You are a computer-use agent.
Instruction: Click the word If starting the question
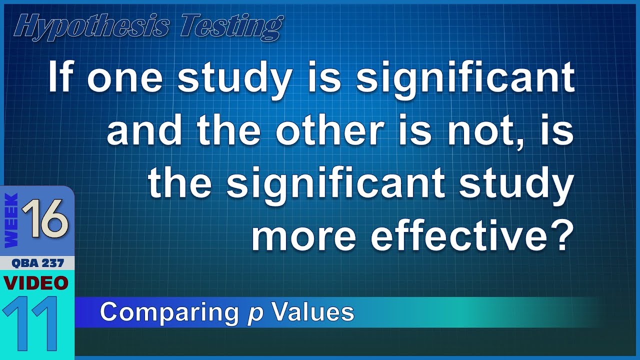pyautogui.click(x=62, y=78)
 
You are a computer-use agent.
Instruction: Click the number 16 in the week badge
pyautogui.click(x=46, y=219)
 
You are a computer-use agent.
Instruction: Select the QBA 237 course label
pyautogui.click(x=37, y=263)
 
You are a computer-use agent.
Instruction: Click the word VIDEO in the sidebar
pyautogui.click(x=36, y=282)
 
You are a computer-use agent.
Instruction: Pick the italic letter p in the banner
pyautogui.click(x=256, y=314)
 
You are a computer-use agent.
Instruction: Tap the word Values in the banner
pyautogui.click(x=313, y=312)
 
